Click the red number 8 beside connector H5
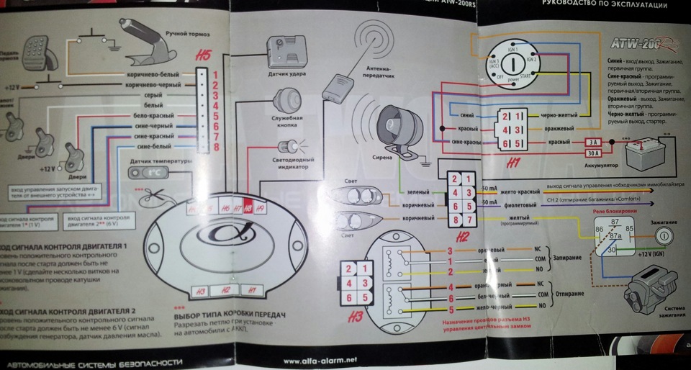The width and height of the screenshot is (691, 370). pyautogui.click(x=215, y=148)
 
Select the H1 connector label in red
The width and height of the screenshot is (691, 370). pyautogui.click(x=514, y=163)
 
